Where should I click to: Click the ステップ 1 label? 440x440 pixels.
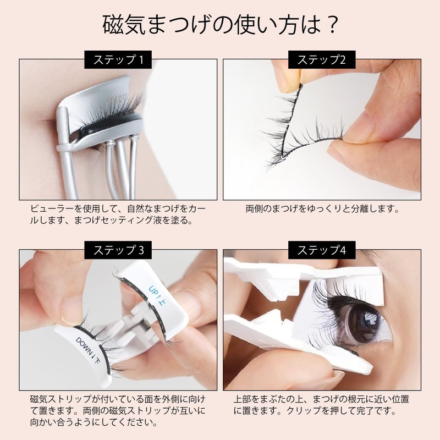118,59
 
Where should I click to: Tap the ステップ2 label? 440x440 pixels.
321,59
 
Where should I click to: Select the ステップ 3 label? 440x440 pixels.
118,250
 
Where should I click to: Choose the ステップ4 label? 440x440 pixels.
321,250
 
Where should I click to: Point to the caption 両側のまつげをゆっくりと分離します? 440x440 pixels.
322,210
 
